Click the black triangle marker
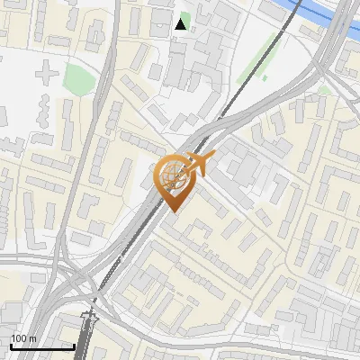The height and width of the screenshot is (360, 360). coord(182,24)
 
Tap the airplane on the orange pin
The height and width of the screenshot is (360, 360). coord(197,164)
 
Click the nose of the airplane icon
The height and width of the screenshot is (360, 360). coord(212,156)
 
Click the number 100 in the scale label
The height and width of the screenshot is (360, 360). coord(19,337)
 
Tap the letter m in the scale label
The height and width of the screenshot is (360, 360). coord(32,337)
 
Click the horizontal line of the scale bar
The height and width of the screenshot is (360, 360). coord(41,346)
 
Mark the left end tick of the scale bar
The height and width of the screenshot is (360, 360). coord(10,345)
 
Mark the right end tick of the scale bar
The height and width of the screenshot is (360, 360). coord(74,345)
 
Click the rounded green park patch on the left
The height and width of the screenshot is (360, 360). coord(79,78)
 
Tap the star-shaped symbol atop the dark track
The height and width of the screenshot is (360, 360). coord(88,317)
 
